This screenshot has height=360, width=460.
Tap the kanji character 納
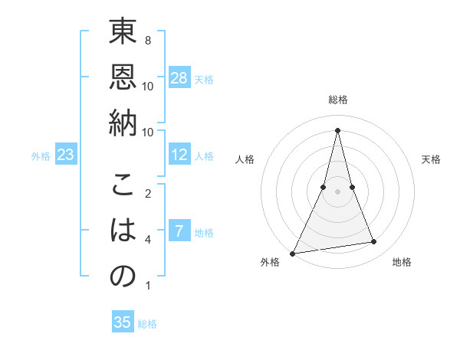(123, 122)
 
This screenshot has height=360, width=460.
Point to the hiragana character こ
(123, 187)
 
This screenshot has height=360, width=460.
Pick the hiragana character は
(123, 231)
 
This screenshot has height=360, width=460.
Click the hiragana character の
(123, 276)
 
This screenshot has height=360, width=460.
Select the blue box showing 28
(179, 77)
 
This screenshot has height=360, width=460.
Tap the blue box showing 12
(179, 155)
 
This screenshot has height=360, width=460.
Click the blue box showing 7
(179, 231)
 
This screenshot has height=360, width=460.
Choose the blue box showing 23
(66, 155)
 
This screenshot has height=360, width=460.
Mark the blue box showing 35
(123, 322)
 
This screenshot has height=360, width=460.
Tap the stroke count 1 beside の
(147, 286)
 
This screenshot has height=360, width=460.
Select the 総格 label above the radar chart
(337, 100)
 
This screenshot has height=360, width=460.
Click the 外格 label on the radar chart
(270, 262)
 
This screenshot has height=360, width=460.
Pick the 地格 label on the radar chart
(402, 262)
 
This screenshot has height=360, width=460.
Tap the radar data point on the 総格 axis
(337, 129)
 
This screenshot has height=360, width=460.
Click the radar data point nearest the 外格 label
(293, 253)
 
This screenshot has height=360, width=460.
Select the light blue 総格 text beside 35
(147, 324)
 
